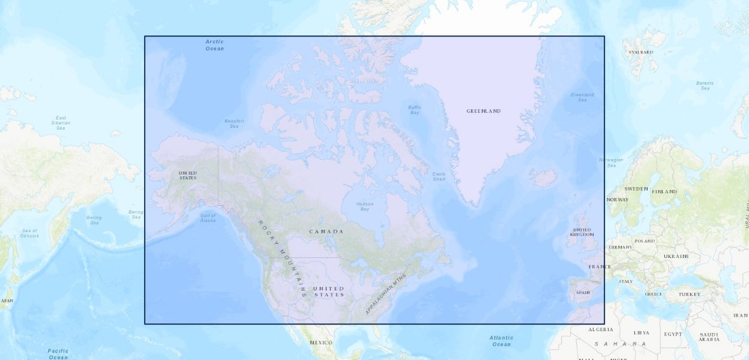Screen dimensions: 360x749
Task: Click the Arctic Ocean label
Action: pos(214,45)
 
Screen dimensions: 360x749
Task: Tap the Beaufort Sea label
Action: pos(234,124)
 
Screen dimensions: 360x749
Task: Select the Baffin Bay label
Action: pos(415,110)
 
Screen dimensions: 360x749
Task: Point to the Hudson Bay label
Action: pos(364,206)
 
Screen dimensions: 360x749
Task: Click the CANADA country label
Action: pos(326,232)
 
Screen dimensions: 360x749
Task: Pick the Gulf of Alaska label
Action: pos(208,218)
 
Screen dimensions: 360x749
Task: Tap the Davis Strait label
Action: pos(439,176)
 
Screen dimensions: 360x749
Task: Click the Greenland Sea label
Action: pos(582,97)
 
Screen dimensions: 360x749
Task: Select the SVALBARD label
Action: pos(640,52)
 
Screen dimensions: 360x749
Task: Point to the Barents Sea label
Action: pos(705,86)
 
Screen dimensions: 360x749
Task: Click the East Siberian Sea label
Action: pos(61,123)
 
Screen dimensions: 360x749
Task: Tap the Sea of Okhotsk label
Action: pos(30,233)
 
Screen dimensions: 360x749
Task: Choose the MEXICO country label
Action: pos(320,342)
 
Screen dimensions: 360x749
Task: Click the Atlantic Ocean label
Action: pos(501,341)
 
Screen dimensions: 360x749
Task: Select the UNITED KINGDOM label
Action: pos(582,232)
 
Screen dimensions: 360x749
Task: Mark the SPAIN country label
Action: pos(583,293)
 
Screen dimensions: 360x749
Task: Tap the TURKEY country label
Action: pos(690,295)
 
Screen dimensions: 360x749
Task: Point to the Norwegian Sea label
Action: pos(611,163)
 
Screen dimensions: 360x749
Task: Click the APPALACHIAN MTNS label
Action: pos(385,295)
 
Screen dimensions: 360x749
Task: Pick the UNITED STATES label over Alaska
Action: pos(187,175)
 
